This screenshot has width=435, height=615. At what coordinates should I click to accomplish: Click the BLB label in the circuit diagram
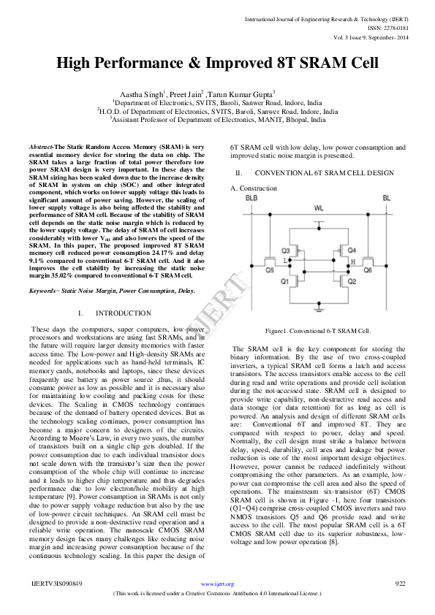tap(251, 198)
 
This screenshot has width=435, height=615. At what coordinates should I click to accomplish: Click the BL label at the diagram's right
tap(386, 198)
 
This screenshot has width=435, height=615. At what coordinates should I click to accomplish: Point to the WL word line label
tap(319, 208)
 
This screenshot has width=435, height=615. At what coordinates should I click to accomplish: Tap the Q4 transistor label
tap(352, 250)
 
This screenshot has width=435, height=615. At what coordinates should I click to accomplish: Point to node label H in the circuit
tap(354, 261)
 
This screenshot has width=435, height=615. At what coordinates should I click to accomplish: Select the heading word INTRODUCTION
tap(124, 313)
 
